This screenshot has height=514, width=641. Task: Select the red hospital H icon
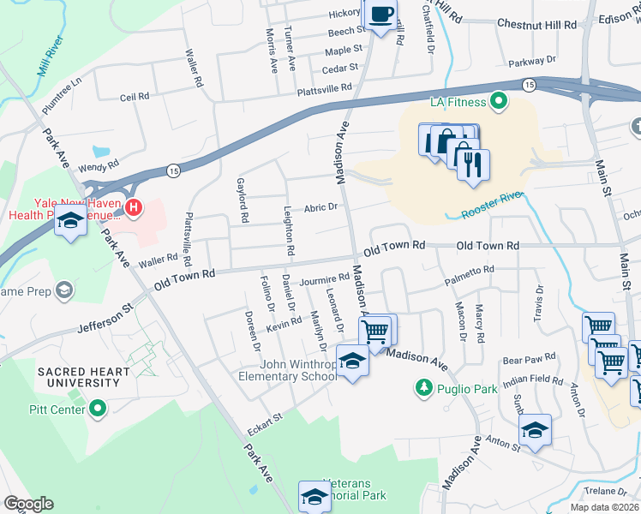[133, 206]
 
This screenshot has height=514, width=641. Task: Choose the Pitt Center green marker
[98, 408]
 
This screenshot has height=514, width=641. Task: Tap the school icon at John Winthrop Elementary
[351, 361]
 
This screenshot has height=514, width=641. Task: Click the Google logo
[28, 504]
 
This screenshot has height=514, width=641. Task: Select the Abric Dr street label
[321, 207]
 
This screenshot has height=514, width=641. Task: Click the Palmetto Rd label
[469, 270]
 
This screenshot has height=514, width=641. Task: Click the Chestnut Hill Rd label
[536, 25]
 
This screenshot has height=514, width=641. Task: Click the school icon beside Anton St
[535, 431]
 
